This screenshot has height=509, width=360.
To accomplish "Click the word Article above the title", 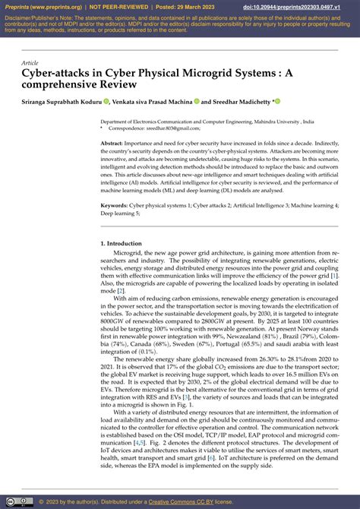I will [x=30, y=63].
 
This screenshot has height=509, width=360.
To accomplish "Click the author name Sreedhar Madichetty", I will [x=242, y=101].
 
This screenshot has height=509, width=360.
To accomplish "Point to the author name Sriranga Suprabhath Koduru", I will [x=60, y=101].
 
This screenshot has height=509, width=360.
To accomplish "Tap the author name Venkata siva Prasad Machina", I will [x=150, y=101].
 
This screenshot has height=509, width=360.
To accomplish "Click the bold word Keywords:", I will [x=115, y=205].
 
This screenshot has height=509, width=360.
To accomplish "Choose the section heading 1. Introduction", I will [x=121, y=243].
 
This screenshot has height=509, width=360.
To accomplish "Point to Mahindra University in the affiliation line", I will [x=270, y=122].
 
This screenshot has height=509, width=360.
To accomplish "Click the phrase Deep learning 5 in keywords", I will [x=122, y=213].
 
